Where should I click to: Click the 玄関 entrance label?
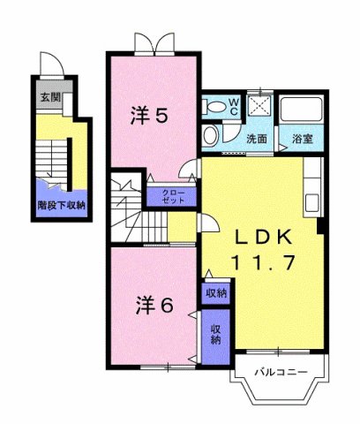(46, 98)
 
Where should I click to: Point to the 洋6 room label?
(154, 305)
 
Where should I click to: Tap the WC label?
(233, 108)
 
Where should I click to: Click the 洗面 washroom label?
(257, 139)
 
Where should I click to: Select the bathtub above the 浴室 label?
(302, 110)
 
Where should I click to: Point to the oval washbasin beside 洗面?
(210, 135)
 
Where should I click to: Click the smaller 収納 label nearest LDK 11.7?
(215, 292)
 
